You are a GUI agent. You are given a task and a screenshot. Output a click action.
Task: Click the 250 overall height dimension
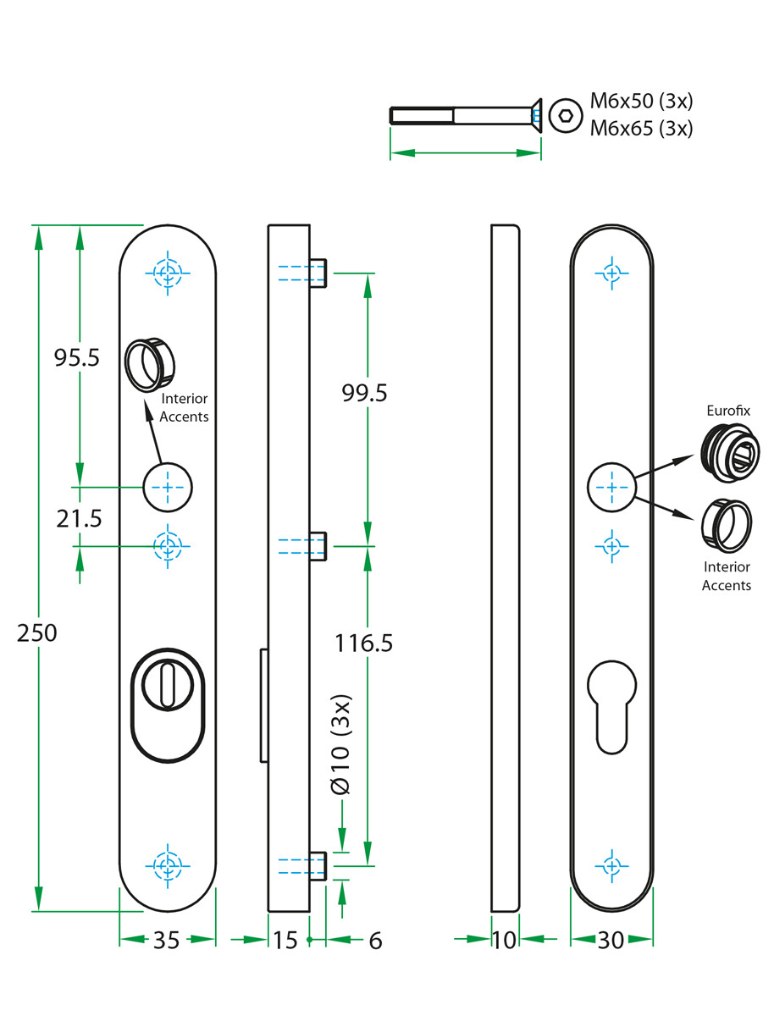click(x=37, y=632)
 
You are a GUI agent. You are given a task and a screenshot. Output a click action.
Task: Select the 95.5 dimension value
click(x=77, y=358)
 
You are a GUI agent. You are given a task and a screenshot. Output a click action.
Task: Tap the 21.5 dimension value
click(x=79, y=518)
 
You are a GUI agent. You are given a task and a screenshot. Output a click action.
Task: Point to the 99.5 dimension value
click(x=364, y=392)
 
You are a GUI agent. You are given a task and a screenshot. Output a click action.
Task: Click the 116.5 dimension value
click(x=364, y=643)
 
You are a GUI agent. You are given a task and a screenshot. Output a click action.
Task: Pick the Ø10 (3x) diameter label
click(x=340, y=745)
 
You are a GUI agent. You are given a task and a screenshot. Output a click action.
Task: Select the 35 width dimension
click(x=167, y=940)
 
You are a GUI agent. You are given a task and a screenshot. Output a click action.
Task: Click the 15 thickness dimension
click(x=286, y=940)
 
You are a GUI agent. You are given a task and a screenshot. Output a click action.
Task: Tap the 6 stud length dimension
click(x=376, y=940)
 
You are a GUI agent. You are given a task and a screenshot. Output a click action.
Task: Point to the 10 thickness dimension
click(x=504, y=940)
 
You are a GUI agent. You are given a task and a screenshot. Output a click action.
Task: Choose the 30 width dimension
click(x=611, y=940)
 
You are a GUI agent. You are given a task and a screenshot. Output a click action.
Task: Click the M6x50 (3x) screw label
click(x=642, y=102)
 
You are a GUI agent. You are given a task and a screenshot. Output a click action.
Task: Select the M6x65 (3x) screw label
click(x=642, y=129)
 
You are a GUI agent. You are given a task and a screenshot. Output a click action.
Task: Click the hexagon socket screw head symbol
click(x=561, y=115)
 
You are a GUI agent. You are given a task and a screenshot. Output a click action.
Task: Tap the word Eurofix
click(x=728, y=411)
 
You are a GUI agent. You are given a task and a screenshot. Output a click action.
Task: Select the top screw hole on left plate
click(x=167, y=273)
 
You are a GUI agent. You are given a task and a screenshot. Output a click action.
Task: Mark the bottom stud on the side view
click(x=318, y=866)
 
